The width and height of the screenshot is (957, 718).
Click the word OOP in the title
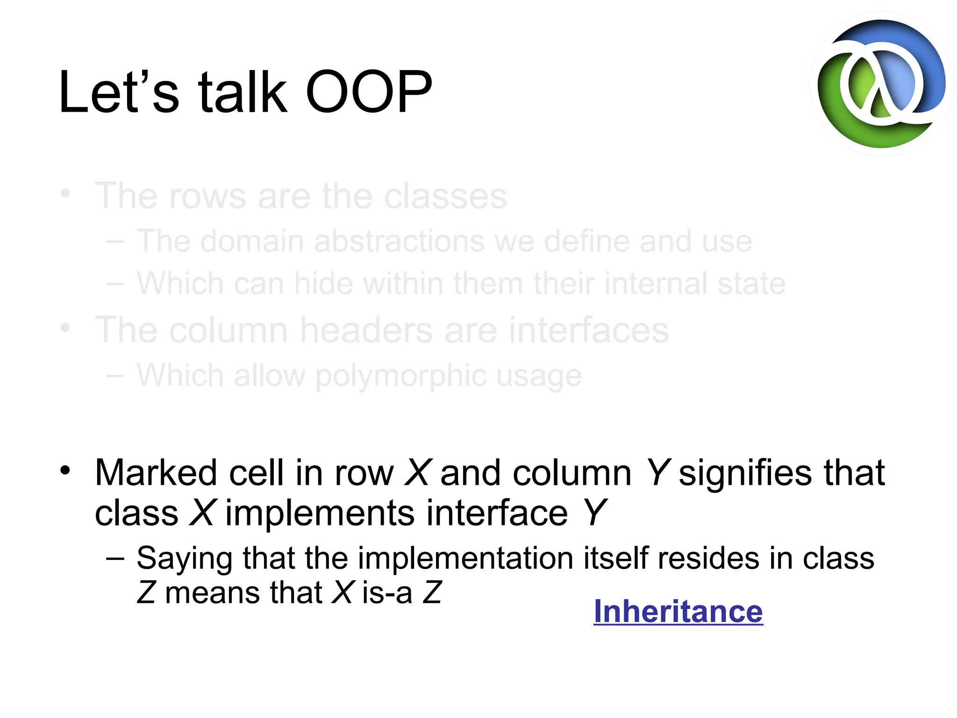point(369,92)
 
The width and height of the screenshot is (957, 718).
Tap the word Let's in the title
point(119,92)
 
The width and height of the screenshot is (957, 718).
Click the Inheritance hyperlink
point(678,611)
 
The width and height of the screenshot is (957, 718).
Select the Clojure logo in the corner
point(881,84)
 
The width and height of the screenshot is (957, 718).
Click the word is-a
point(387,593)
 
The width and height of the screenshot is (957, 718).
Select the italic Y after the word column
point(658,473)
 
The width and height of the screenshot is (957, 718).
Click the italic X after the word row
point(417,473)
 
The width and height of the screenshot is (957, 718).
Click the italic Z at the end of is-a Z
point(432,593)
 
